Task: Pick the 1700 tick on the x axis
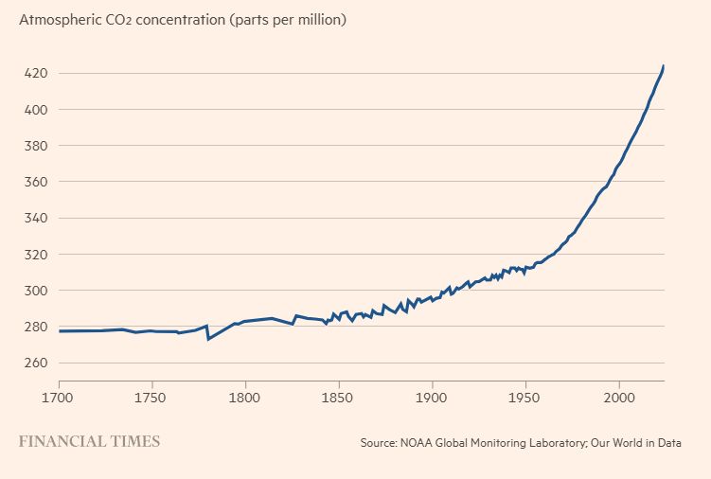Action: [x=59, y=399]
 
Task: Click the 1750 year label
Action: [x=151, y=399]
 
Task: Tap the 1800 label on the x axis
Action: [x=245, y=399]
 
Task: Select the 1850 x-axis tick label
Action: [x=338, y=399]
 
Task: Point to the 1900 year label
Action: [x=432, y=399]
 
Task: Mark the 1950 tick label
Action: [x=525, y=399]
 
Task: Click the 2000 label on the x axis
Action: [x=619, y=399]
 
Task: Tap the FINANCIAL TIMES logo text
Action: [x=90, y=441]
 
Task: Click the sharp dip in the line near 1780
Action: [x=208, y=339]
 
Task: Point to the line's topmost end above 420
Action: [x=664, y=66]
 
